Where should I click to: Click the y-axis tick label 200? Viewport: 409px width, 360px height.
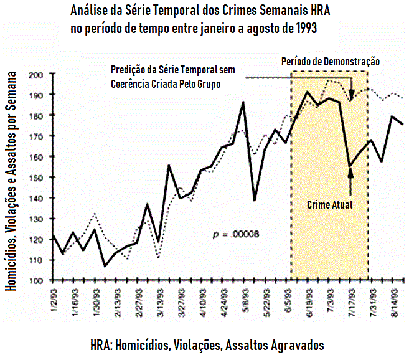[x=35, y=74]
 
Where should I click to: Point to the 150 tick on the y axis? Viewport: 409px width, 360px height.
[x=35, y=178]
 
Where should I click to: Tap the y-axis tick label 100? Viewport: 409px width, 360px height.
[x=35, y=280]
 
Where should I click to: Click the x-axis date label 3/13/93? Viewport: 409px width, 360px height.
[x=159, y=302]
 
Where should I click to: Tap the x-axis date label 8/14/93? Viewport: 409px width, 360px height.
[x=394, y=302]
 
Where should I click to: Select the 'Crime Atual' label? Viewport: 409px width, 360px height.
[x=330, y=204]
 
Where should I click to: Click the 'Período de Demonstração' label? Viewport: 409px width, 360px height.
[x=330, y=62]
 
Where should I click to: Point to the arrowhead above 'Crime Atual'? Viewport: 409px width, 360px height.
[x=350, y=173]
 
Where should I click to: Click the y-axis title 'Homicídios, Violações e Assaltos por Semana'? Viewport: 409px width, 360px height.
[x=12, y=181]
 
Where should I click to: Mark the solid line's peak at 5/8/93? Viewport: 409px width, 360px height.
[x=243, y=102]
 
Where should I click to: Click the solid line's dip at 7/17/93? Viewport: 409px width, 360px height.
[x=350, y=166]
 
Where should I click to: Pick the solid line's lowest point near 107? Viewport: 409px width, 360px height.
[x=105, y=266]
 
